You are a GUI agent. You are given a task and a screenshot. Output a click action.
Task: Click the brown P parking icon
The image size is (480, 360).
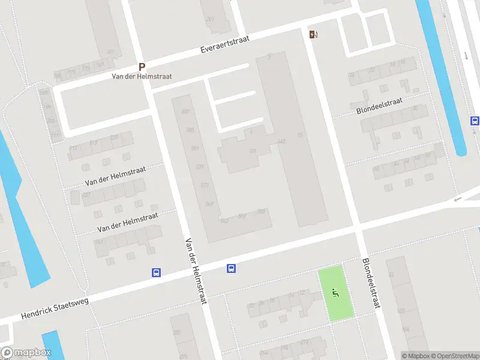tap(142, 67)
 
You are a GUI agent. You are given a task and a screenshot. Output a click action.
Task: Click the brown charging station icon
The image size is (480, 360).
tap(313, 34)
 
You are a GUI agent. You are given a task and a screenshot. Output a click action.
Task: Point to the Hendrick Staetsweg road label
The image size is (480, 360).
tap(55, 307)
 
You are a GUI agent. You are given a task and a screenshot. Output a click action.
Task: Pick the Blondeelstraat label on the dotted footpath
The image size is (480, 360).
tap(379, 107)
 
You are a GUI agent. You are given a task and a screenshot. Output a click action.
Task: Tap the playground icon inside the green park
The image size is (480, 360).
tap(335, 293)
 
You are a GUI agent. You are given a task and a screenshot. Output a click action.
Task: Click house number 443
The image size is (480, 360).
tap(281, 142)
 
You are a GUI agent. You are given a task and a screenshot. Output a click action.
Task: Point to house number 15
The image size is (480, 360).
tap(299, 135)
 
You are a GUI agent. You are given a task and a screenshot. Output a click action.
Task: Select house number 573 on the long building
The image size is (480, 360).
tap(205, 185)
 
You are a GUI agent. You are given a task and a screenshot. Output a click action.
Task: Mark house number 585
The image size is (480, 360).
tap(190, 130)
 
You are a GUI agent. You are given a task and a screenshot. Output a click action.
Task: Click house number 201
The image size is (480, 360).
tap(210, 19)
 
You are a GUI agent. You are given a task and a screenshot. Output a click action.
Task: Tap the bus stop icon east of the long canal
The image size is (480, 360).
tap(475, 120)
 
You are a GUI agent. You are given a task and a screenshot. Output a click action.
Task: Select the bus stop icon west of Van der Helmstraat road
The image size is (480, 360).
tap(156, 272)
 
